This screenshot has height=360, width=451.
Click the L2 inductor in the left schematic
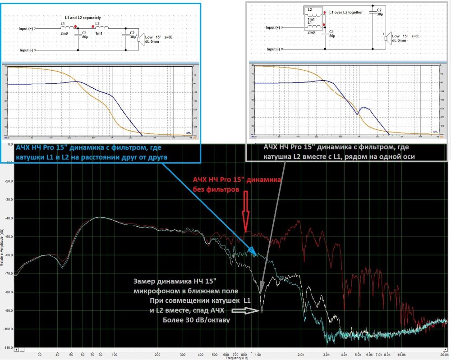click(x=101, y=28)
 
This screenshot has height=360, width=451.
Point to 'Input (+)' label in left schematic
click(x=26, y=28)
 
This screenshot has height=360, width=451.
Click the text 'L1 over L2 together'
click(x=346, y=12)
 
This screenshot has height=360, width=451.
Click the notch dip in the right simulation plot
click(x=358, y=114)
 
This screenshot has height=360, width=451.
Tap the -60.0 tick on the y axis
click(x=9, y=255)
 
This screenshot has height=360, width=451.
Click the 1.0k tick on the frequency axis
click(x=258, y=355)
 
